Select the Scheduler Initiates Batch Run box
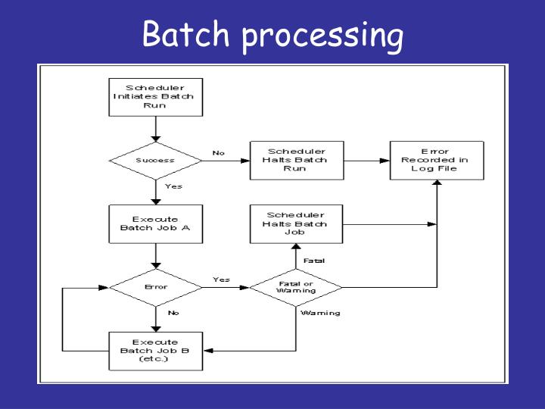[154, 96]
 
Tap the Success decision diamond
[154, 161]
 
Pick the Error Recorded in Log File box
[434, 160]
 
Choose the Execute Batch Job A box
[154, 223]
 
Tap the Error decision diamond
[154, 287]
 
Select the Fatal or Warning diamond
[296, 287]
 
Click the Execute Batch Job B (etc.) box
[154, 351]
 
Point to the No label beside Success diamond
[219, 153]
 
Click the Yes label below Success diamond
[173, 186]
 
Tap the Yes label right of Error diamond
[221, 279]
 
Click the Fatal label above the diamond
[314, 261]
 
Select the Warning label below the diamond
[320, 313]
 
